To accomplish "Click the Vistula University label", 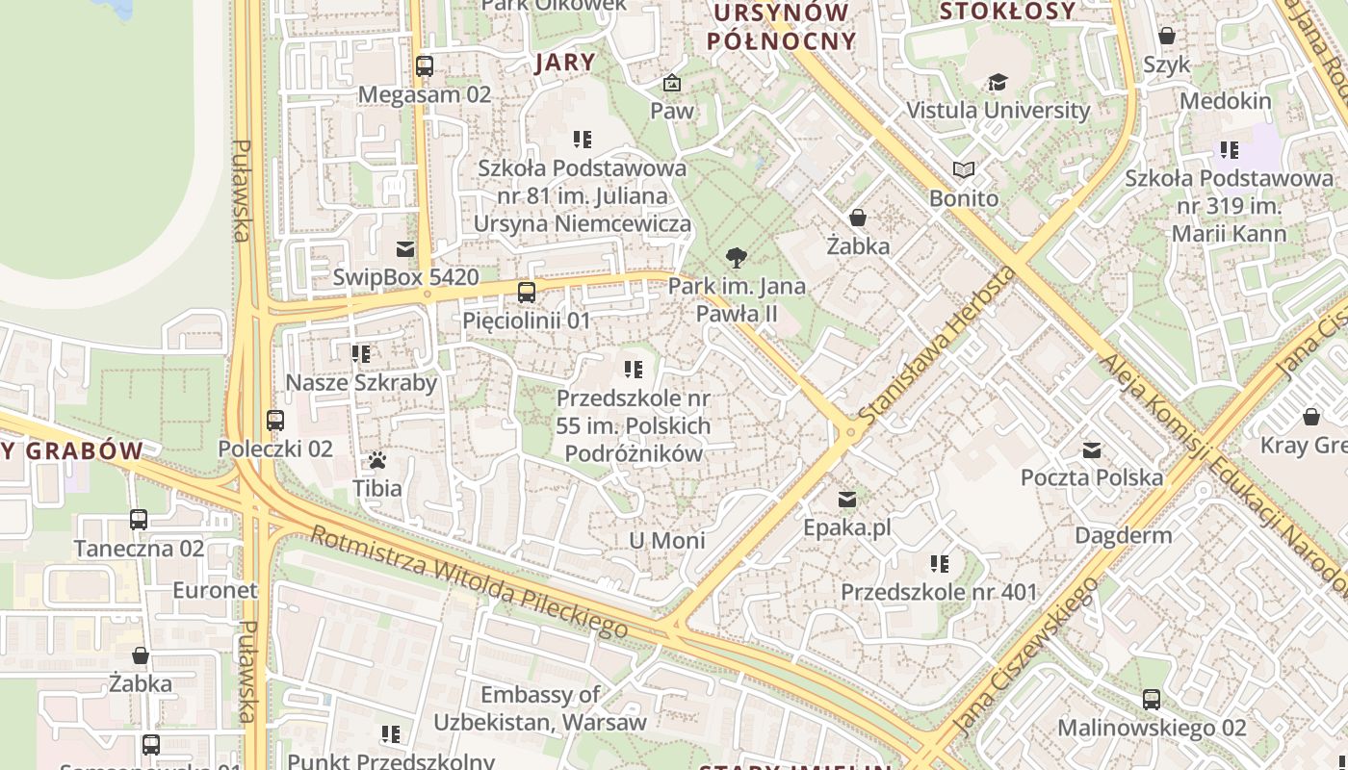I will click(x=998, y=110).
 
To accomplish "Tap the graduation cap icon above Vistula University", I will click(x=998, y=82).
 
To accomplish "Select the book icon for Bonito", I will click(x=964, y=170).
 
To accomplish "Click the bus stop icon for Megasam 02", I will click(x=425, y=66).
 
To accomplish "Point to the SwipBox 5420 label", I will click(x=405, y=277).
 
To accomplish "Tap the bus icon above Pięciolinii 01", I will click(x=526, y=293).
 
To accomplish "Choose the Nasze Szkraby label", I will click(x=361, y=382).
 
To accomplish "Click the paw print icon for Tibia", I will click(x=377, y=460).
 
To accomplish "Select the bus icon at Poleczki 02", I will click(x=275, y=421).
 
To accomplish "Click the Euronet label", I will click(x=216, y=590).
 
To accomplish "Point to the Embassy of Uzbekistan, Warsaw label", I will click(x=540, y=707).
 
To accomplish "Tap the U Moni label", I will click(x=666, y=540).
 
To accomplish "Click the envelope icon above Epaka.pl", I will click(x=847, y=500).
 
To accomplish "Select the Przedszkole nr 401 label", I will click(x=939, y=592).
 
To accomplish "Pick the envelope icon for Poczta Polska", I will click(x=1092, y=450).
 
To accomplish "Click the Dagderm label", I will click(x=1123, y=535).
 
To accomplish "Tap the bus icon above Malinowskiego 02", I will click(x=1152, y=700).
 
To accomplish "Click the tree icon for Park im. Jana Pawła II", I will click(x=737, y=258).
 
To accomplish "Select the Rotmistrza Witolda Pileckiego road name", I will click(x=469, y=582).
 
